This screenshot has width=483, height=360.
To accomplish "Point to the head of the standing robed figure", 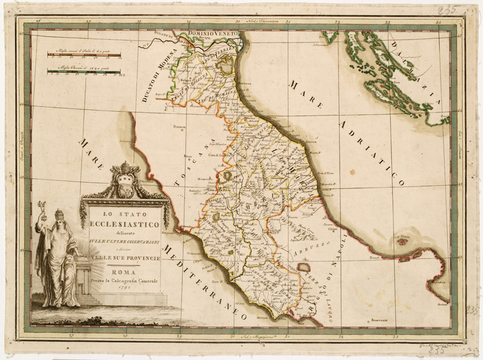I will coord(59,215).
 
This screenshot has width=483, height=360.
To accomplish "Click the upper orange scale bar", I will coord(83,56).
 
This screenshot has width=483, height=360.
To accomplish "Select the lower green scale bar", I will coord(83,72).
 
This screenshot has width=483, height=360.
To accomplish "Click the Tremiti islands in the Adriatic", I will coord(403,240).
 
